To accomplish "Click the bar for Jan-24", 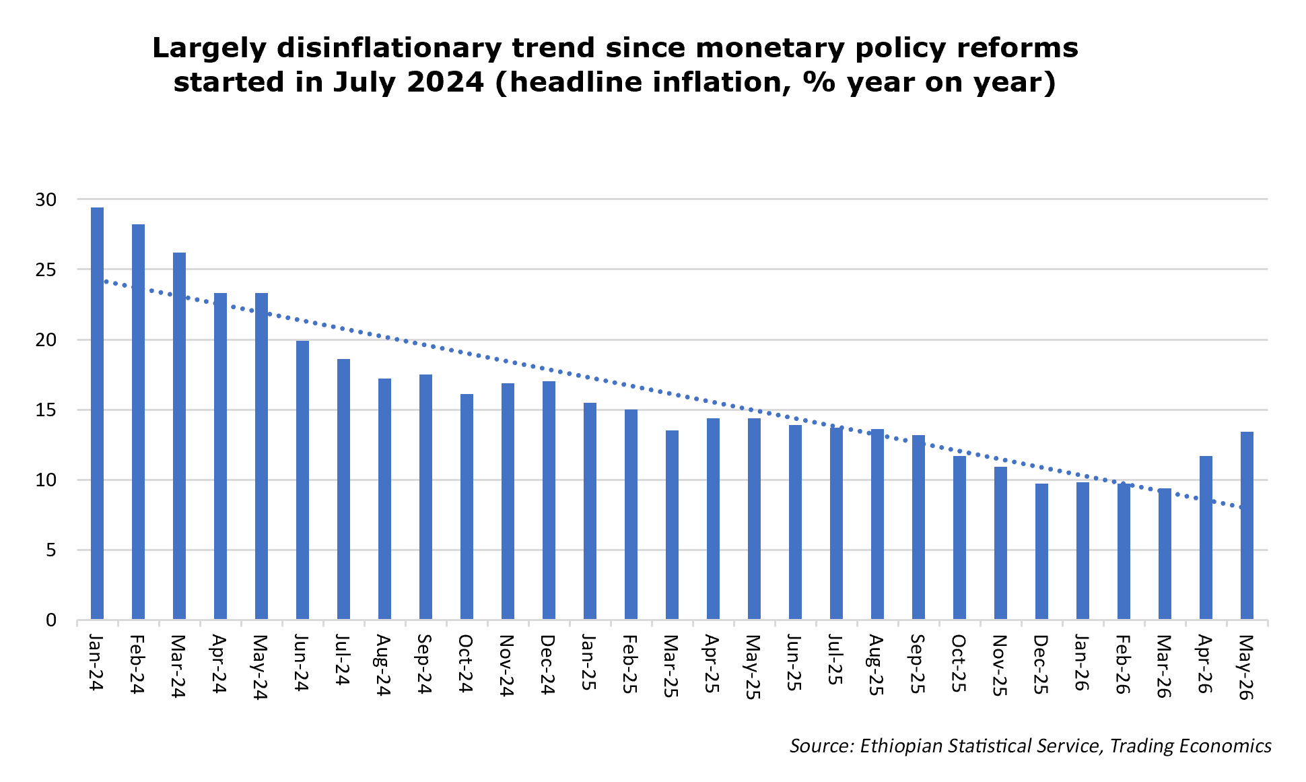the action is click(x=97, y=414).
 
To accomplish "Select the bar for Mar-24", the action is click(x=179, y=436).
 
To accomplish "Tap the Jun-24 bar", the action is click(x=302, y=480).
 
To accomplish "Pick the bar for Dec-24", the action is click(x=549, y=500).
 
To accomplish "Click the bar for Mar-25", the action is click(x=672, y=525).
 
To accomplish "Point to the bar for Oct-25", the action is click(x=959, y=537).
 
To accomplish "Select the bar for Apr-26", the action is click(x=1206, y=537).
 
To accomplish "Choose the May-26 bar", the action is click(x=1247, y=525).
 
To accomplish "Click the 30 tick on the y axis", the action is click(x=46, y=199).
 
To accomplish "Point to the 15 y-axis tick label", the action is click(x=46, y=410).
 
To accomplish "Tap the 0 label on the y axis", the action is click(x=51, y=620).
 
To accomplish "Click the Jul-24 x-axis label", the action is click(x=343, y=660).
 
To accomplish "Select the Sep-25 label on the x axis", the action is click(x=918, y=663).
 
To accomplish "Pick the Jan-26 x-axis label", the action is click(x=1082, y=663).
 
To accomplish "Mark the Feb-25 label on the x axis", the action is click(x=631, y=663).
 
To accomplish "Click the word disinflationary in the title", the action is click(x=389, y=48).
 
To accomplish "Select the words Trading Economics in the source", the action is click(x=1191, y=746).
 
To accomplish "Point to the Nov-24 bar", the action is click(x=508, y=501).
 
